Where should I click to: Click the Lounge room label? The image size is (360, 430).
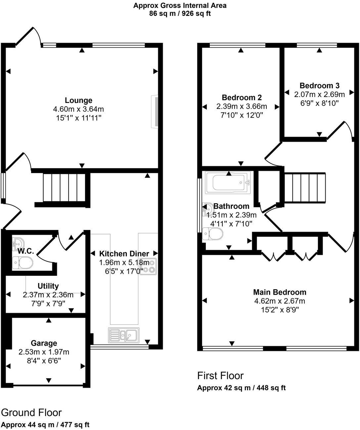(78, 100)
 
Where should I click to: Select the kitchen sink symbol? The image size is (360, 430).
(123, 335)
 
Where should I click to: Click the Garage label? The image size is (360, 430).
(44, 343)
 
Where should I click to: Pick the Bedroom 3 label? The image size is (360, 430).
(319, 86)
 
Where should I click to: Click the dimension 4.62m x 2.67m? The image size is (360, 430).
(280, 301)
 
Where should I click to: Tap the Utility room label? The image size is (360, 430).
(48, 286)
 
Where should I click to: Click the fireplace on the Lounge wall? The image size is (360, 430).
(154, 111)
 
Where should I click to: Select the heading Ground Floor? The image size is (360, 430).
(31, 412)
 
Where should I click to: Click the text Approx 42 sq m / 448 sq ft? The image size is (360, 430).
(241, 388)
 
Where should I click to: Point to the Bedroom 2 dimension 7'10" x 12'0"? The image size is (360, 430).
(242, 115)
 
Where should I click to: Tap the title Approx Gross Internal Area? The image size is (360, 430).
(180, 5)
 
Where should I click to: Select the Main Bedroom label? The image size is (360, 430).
(280, 292)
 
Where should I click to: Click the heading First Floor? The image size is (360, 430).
(220, 376)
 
